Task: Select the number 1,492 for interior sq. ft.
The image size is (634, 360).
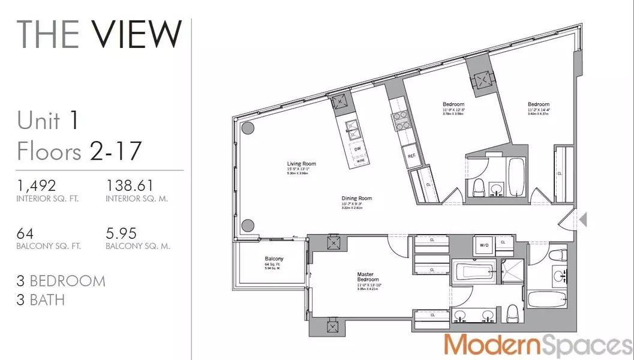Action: point(37,187)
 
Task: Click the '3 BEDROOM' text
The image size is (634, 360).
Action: point(61,281)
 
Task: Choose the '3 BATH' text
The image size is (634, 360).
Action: point(41,299)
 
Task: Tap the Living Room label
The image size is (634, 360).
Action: point(302,163)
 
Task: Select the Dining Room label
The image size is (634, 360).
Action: point(357,198)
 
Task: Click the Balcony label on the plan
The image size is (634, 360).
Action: point(274,259)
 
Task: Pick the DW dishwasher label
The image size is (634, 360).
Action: point(357,148)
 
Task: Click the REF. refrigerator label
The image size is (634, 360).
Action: point(411,155)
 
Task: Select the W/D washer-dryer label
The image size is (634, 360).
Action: point(483,244)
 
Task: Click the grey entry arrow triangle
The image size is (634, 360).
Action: point(582,220)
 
